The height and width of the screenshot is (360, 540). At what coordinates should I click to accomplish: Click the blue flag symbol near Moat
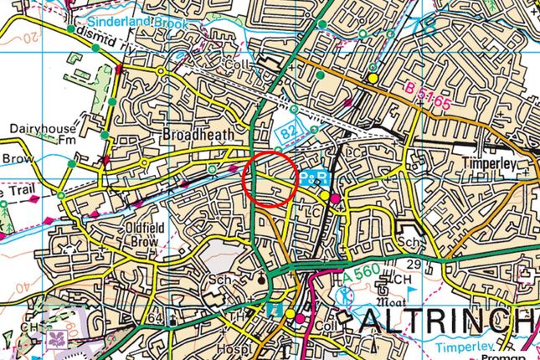[411, 291]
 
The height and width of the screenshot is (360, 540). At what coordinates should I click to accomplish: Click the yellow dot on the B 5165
[373, 78]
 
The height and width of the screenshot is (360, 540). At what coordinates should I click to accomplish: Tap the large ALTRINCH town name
[450, 321]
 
